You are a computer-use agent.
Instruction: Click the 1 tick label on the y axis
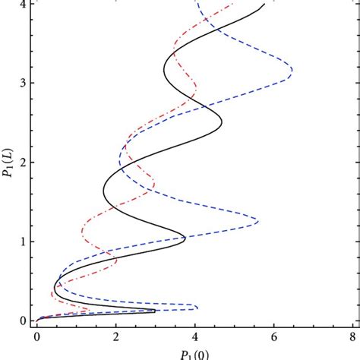[22, 242]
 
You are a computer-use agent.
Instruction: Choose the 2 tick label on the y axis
[22, 162]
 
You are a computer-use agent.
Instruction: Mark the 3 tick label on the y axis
[22, 82]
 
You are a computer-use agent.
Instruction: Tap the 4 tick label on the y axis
[22, 4]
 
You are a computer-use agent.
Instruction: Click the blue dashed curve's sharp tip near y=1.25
[258, 221]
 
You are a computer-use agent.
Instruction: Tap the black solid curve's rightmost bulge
[222, 122]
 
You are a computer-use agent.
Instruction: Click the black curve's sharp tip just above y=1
[185, 238]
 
